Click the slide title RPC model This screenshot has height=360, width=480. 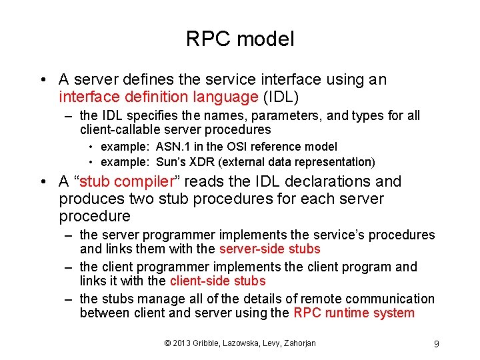tap(240, 39)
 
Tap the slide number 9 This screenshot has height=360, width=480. tap(435, 344)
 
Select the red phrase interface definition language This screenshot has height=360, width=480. tap(158, 97)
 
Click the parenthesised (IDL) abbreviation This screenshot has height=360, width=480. tap(280, 97)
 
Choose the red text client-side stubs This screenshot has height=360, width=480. tap(217, 281)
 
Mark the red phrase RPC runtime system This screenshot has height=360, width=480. tap(353, 313)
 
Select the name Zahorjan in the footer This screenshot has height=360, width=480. tap(297, 343)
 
